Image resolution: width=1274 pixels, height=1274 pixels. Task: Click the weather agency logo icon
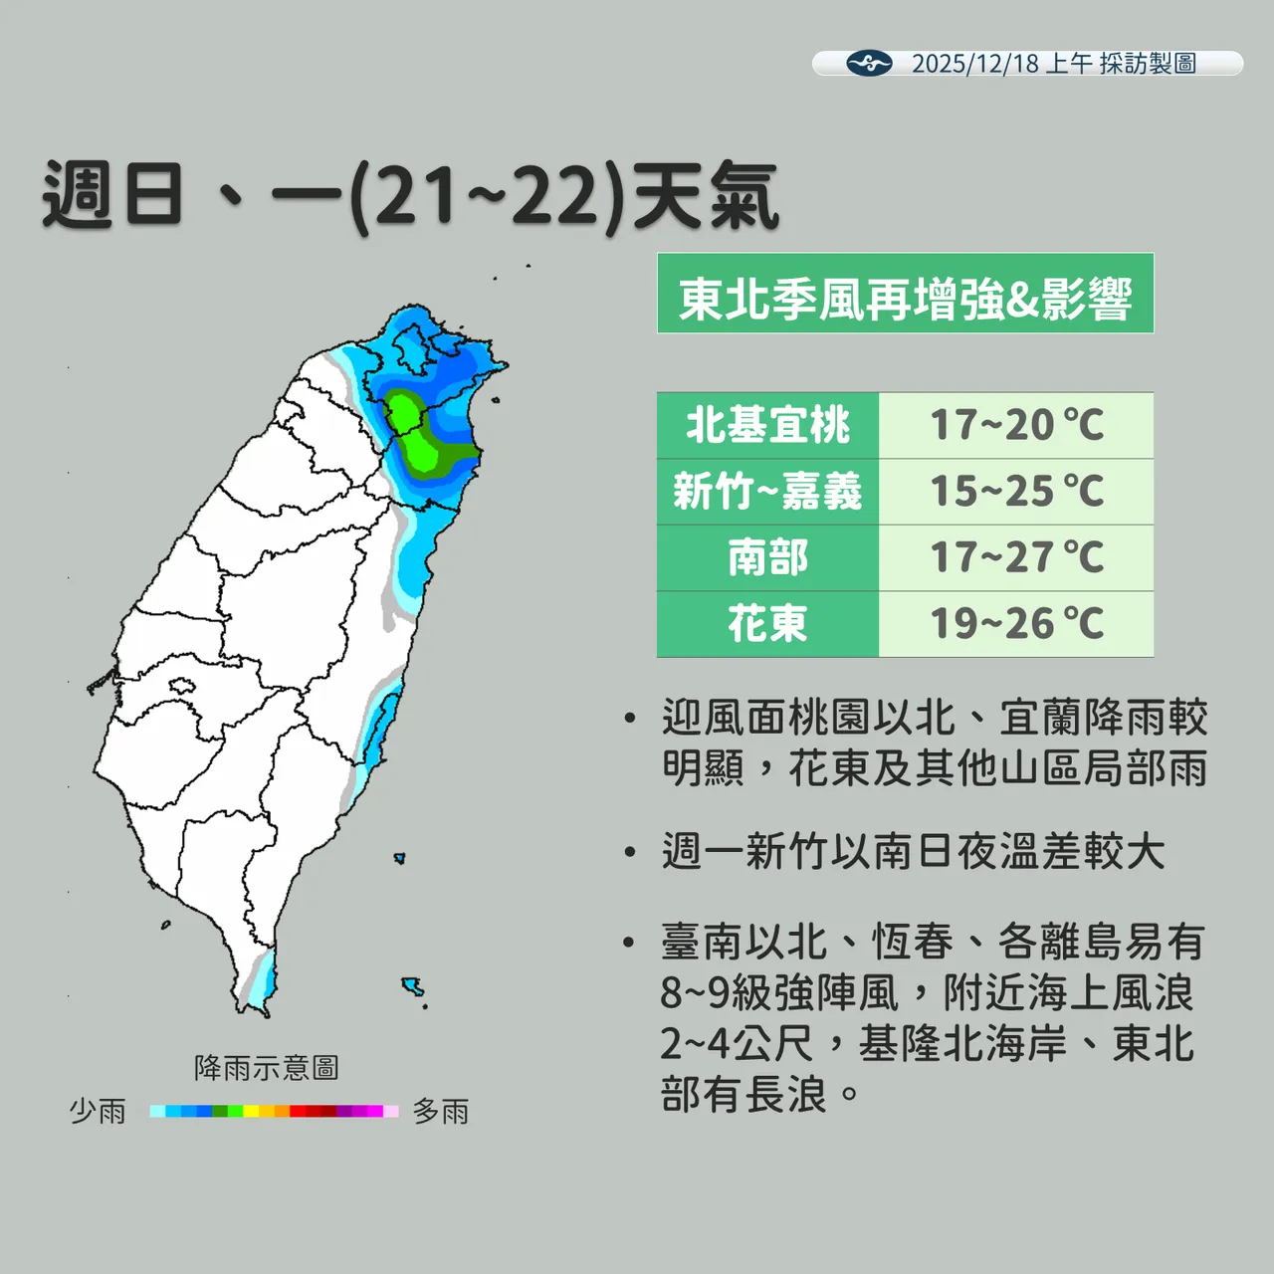(869, 64)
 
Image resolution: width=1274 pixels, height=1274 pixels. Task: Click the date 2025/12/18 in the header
(974, 64)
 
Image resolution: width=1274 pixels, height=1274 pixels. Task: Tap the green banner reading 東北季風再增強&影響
(905, 295)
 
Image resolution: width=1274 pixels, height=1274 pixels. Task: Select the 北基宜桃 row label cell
(767, 426)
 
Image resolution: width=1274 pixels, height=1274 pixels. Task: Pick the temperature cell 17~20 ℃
(1016, 426)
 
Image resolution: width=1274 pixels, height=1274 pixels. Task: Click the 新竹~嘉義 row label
(767, 492)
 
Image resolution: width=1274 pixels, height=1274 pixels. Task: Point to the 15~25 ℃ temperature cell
(1016, 492)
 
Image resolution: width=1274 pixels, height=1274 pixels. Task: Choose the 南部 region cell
(767, 558)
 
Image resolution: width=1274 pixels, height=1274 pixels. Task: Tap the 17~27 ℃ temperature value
(1016, 558)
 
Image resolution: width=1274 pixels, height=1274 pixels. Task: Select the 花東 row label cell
(767, 624)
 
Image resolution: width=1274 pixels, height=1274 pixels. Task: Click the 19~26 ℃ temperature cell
(1016, 624)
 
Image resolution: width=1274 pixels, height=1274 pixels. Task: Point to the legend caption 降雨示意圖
(266, 1068)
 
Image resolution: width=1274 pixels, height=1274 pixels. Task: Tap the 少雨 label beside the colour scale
(98, 1111)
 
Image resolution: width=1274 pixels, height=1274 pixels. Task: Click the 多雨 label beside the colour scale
(441, 1111)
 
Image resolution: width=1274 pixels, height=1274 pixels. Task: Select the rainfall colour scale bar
(274, 1111)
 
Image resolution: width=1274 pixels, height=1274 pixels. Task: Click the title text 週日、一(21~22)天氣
(409, 196)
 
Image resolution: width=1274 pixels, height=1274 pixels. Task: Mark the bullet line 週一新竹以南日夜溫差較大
(913, 852)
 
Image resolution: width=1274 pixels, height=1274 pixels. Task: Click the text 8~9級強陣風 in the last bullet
(779, 993)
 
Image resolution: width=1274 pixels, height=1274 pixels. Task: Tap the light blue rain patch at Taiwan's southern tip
(263, 985)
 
